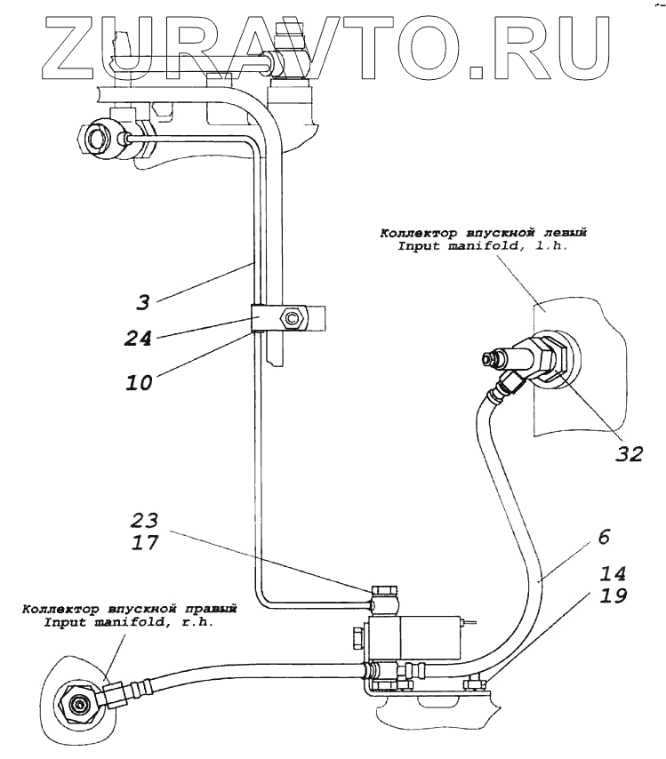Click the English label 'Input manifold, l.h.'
click(x=484, y=246)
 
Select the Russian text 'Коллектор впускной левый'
click(x=484, y=234)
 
